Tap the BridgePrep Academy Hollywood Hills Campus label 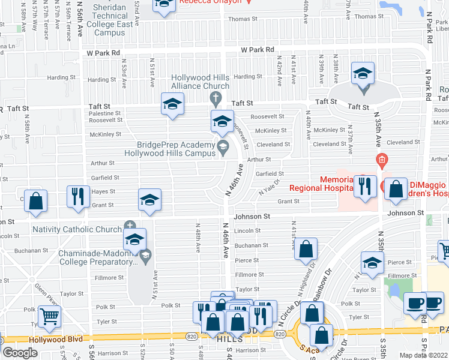point(176,149)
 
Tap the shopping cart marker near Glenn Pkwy point(49,316)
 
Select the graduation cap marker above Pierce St point(372,263)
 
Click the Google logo point(20,353)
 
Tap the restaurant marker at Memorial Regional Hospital point(363,186)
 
